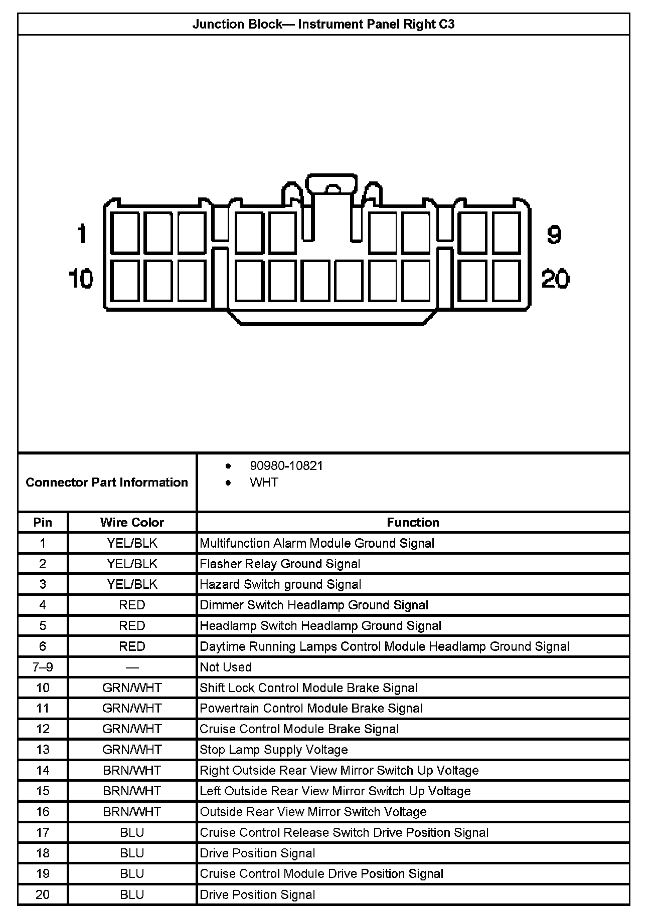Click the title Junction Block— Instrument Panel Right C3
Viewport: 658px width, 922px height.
(x=323, y=25)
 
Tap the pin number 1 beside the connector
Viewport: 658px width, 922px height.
(x=82, y=234)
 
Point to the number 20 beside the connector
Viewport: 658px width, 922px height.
(x=555, y=279)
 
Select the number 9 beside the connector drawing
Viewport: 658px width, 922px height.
(x=554, y=234)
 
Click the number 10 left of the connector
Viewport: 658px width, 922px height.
(x=81, y=279)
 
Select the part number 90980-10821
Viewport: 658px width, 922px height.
(x=286, y=466)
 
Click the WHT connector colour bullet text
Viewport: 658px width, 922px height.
(x=264, y=482)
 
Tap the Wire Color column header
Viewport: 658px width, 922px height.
(x=132, y=522)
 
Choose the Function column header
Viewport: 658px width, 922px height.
(x=413, y=522)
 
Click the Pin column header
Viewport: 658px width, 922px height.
(x=43, y=522)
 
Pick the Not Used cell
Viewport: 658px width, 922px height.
(x=226, y=667)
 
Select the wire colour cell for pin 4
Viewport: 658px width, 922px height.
(x=132, y=605)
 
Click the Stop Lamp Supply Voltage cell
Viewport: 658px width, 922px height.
(x=274, y=750)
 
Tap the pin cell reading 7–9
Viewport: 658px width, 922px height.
(x=43, y=667)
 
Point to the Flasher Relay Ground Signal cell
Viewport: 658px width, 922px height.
(x=280, y=564)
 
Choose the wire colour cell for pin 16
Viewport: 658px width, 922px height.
(x=132, y=811)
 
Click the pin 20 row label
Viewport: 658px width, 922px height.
(x=43, y=894)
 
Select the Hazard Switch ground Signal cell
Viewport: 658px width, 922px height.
(x=280, y=584)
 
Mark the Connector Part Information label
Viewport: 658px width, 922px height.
(x=107, y=482)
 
